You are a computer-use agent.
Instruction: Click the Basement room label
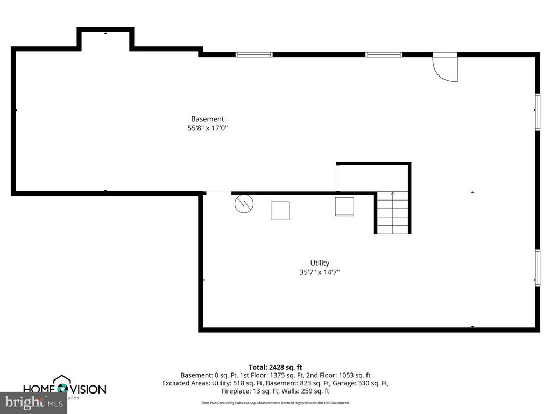(x=207, y=119)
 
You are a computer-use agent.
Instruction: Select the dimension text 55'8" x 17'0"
(x=207, y=128)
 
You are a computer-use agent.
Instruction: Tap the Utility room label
(x=320, y=263)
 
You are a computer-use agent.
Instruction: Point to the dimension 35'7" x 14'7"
(x=320, y=272)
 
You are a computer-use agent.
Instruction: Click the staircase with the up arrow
(x=392, y=212)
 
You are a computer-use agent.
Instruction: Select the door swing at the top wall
(x=446, y=67)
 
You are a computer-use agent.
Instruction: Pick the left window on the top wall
(x=254, y=54)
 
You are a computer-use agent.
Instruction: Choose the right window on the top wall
(x=384, y=54)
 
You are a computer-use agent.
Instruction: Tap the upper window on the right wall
(x=537, y=112)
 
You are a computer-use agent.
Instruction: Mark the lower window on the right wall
(x=537, y=267)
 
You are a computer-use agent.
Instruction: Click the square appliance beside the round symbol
(x=280, y=210)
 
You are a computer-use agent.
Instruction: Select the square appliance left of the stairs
(x=344, y=206)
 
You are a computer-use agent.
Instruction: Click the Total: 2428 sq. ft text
(x=275, y=367)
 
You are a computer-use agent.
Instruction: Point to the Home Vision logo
(x=64, y=388)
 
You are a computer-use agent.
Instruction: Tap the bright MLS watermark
(x=33, y=402)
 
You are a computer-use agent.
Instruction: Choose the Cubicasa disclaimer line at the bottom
(x=275, y=403)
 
